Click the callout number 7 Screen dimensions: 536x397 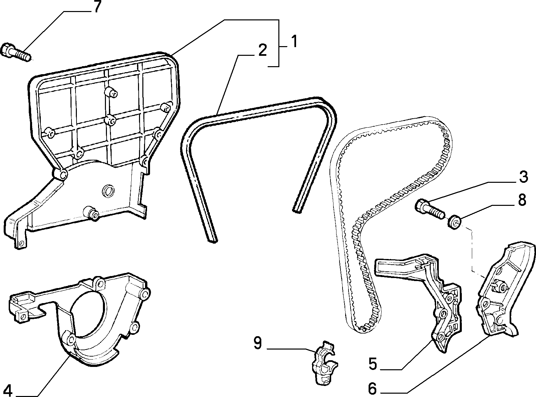(x=97, y=7)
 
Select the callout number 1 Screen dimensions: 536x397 (x=294, y=41)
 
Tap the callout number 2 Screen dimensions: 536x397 (x=262, y=50)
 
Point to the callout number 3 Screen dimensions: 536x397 (x=523, y=177)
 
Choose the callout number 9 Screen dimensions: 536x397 (x=258, y=343)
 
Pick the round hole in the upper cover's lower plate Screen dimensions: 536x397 (x=108, y=191)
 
